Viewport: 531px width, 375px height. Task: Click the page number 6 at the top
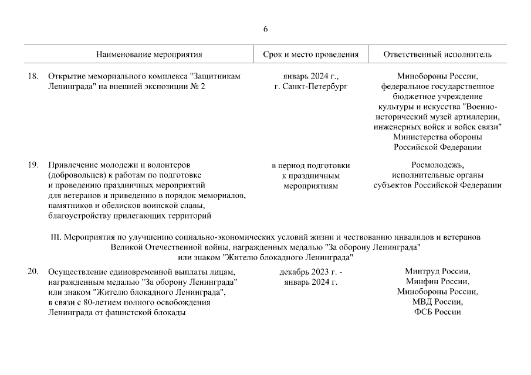coord(265,29)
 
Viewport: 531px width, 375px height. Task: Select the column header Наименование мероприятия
coord(150,54)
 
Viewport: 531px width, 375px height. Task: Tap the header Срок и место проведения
coord(310,54)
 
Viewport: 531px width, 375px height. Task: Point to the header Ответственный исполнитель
coord(437,54)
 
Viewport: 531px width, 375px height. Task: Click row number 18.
coord(33,76)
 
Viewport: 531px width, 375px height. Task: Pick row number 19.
coord(33,165)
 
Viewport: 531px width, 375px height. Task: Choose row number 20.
coord(33,272)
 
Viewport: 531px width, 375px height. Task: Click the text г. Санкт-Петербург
coord(310,86)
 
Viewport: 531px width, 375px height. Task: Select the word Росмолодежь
coord(437,165)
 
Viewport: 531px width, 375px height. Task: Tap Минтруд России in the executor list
coord(437,272)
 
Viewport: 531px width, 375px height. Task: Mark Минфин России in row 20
coord(437,282)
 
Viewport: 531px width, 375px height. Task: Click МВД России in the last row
coord(437,302)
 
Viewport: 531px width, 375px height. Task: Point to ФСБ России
coord(437,312)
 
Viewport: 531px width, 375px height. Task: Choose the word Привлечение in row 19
coord(71,165)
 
